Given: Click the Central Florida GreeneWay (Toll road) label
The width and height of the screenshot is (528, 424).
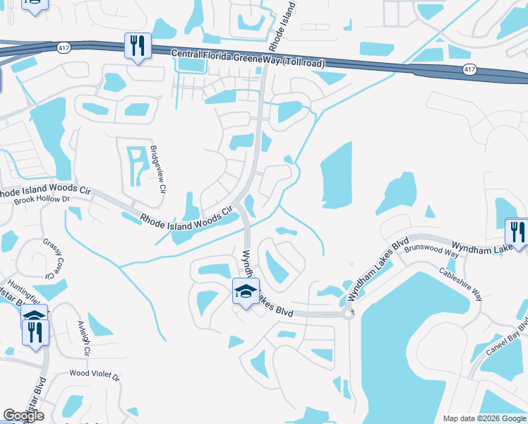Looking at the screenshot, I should [x=248, y=59].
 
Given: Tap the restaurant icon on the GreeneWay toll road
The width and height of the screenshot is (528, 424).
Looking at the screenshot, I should [x=137, y=47].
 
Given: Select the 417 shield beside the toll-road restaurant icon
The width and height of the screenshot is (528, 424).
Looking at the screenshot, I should [x=63, y=47].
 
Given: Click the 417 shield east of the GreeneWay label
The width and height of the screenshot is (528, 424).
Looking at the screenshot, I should [x=469, y=69].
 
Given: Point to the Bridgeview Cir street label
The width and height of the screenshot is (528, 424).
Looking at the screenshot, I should [x=158, y=170].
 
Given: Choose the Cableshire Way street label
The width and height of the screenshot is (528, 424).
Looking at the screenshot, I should [x=461, y=283].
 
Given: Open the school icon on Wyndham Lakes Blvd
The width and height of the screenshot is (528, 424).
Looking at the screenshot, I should [x=245, y=291].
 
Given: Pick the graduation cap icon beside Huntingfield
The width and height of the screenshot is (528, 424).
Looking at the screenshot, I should [x=34, y=315].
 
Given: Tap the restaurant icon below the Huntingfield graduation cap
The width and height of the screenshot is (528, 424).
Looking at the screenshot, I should [x=35, y=331].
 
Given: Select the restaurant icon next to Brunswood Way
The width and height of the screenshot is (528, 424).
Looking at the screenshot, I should [x=517, y=232].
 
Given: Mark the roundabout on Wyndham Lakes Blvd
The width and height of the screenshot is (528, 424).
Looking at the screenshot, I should [x=348, y=313].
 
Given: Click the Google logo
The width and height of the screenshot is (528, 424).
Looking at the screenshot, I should [x=23, y=416].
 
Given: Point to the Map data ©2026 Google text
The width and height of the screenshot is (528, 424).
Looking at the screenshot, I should [x=484, y=418].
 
